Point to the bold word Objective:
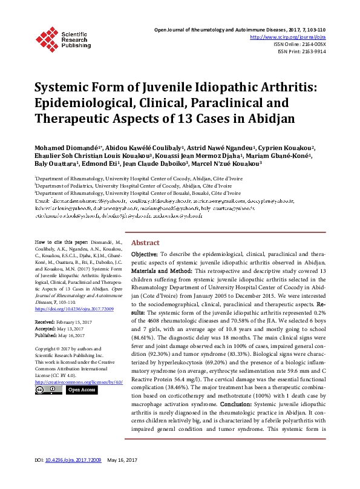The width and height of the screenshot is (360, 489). [145, 272]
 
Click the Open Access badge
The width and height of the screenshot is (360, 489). [82, 390]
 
